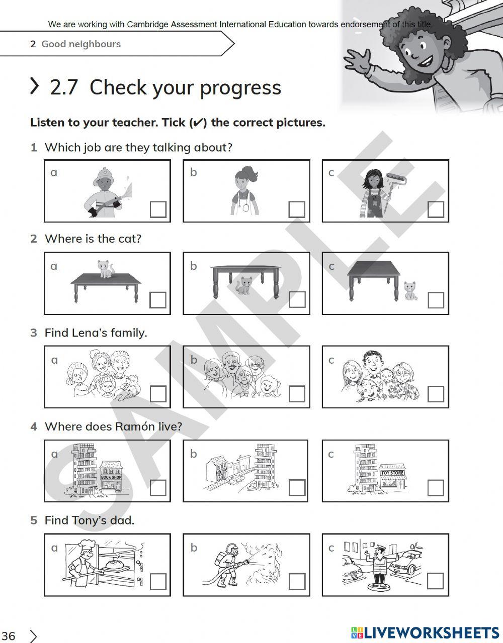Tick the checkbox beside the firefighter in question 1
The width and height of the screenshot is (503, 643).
pos(158,209)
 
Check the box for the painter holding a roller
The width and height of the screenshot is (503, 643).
pos(436,209)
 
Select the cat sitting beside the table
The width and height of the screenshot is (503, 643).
pos(410,291)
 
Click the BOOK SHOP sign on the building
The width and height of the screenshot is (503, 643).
pos(111,477)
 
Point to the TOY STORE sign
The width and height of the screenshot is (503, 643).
pos(392,473)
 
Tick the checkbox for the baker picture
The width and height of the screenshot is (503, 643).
pos(158,581)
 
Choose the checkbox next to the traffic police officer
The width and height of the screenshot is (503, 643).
pos(436,581)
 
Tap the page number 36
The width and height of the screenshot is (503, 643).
pos(9,636)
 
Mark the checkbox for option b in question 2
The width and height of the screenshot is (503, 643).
pos(297,300)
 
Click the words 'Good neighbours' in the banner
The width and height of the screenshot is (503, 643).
pos(81,44)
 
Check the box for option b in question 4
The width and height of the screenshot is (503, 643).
pos(297,488)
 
